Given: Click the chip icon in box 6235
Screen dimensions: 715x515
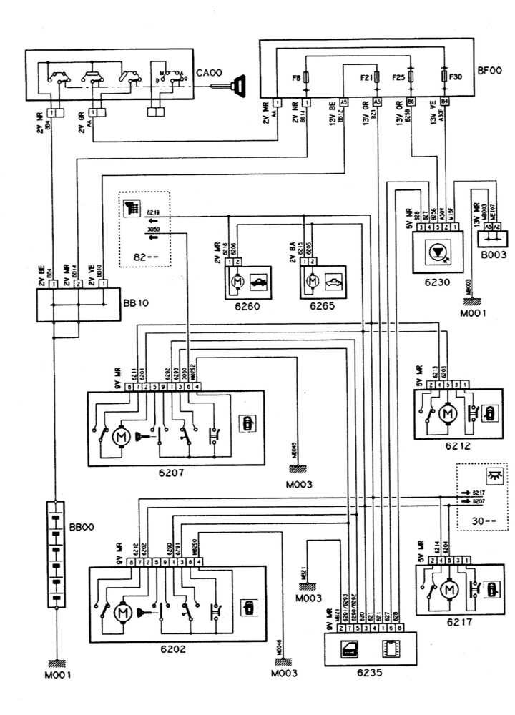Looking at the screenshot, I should point(390,649).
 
